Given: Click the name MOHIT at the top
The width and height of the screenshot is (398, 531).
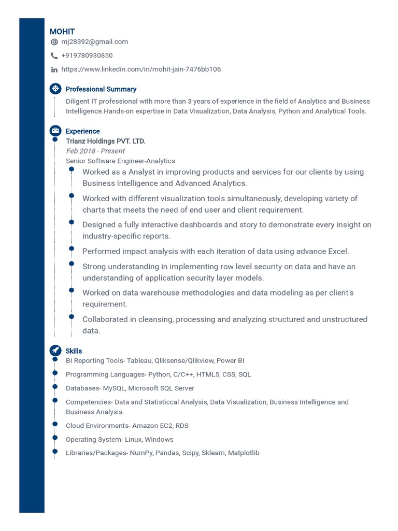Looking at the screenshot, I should click(62, 32).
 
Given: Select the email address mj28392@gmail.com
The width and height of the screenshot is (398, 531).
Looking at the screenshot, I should click(94, 41).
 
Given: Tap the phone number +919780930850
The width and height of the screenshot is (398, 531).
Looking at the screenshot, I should click(87, 55).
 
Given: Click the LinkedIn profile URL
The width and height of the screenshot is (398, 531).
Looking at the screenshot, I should click(141, 69).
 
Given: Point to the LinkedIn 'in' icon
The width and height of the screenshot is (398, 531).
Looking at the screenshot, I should click(54, 69).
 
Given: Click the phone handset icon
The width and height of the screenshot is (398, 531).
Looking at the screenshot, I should click(54, 56).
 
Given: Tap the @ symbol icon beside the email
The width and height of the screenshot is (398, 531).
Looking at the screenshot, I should click(54, 42).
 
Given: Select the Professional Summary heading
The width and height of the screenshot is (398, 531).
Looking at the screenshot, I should click(101, 89).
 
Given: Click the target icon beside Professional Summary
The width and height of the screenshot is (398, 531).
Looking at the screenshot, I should click(55, 89).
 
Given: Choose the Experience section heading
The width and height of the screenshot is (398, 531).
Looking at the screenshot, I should click(82, 131).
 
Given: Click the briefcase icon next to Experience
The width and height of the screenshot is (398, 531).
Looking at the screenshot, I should click(55, 131).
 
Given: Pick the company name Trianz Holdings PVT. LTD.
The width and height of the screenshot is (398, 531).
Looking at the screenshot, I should click(106, 141).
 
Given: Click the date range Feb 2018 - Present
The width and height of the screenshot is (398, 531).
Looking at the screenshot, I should click(95, 151).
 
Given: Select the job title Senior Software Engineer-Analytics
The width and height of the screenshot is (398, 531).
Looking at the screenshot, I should click(120, 161).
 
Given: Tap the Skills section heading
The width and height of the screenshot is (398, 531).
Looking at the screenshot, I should click(74, 351).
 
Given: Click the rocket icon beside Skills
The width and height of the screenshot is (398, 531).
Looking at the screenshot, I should click(55, 351).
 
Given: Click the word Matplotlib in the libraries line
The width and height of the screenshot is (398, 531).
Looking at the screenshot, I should click(244, 453).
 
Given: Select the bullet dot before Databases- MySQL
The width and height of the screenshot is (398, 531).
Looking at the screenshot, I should click(54, 386).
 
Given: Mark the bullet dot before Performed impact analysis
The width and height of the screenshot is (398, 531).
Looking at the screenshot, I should click(72, 249).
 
